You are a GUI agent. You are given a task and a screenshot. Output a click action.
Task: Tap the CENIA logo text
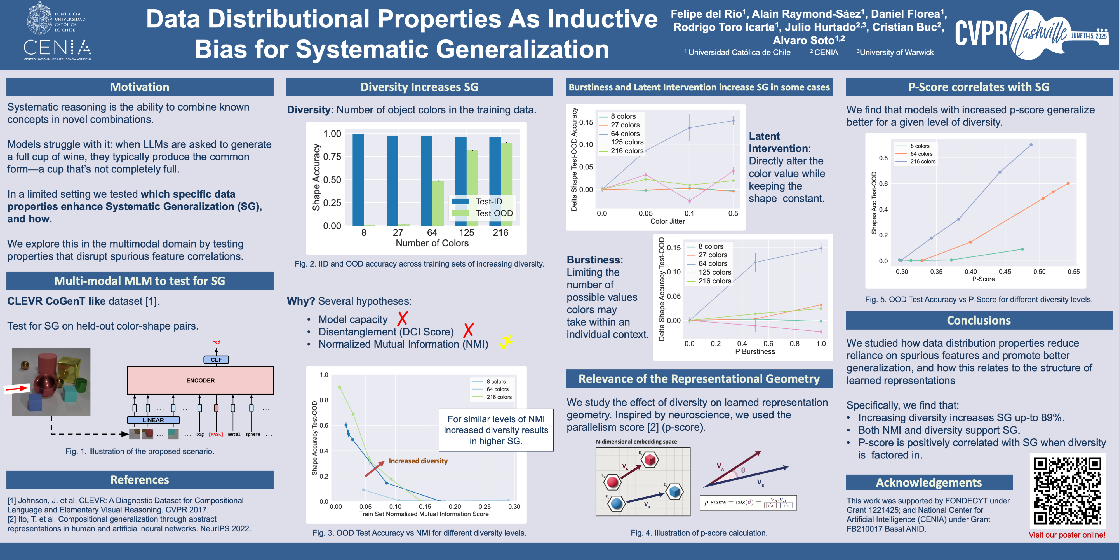pos(57,47)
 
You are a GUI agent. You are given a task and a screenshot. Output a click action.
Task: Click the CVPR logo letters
pos(981,34)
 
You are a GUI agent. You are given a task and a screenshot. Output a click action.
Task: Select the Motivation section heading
pos(139,87)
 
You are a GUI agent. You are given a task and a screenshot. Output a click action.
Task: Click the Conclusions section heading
pos(978,320)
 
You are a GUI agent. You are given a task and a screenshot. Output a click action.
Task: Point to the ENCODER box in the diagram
pos(200,381)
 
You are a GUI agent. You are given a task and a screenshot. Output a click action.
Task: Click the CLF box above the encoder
pos(216,360)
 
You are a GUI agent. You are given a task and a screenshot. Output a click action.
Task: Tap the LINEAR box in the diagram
pos(153,420)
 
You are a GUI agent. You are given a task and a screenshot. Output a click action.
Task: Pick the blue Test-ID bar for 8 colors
pos(358,179)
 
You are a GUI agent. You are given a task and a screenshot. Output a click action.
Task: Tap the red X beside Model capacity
pos(403,319)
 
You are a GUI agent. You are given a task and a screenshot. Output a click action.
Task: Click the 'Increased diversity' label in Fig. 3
pos(418,461)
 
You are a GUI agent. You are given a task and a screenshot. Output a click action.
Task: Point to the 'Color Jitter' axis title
pos(667,221)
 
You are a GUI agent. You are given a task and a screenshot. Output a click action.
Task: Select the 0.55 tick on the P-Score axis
pos(1073,272)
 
